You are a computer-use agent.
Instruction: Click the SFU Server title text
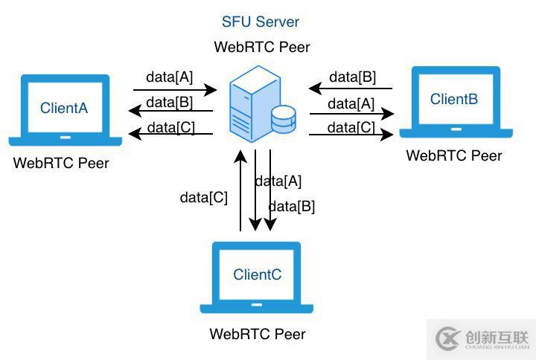coord(261,22)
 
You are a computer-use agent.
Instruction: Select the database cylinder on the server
coord(284,118)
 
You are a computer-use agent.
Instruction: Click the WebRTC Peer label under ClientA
coord(61,163)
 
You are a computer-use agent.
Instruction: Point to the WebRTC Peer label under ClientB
coord(453,155)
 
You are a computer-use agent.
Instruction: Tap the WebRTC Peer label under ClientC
coord(257,334)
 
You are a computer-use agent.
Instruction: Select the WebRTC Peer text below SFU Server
coord(261,47)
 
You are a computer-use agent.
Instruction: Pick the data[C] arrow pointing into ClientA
coord(171,134)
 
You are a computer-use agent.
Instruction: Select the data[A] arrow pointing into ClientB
coord(351,115)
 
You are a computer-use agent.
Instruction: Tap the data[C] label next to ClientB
coord(351,127)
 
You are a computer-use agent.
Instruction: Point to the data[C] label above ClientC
coord(203,197)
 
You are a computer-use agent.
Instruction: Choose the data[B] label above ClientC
coord(291,206)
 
